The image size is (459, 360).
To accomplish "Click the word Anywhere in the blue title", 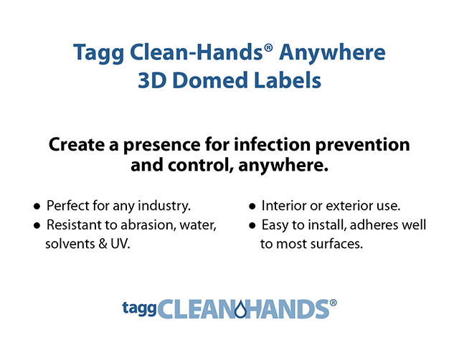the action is click(332, 52).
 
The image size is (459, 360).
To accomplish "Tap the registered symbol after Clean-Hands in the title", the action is click(268, 48).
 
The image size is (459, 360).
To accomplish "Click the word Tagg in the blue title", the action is click(99, 53).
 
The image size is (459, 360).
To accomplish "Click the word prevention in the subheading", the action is click(363, 146).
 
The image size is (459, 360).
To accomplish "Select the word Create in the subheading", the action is click(77, 144).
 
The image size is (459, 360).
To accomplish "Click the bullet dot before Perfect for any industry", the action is click(37, 207).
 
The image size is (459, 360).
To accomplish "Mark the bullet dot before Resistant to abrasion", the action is click(37, 226).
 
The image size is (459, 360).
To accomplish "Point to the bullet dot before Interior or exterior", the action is click(252, 207).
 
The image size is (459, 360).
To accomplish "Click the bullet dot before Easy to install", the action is click(252, 226).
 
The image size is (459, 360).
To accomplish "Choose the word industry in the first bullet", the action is click(164, 206).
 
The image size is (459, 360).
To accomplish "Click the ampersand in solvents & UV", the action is click(103, 244).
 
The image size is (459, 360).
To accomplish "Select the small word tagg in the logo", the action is click(139, 308).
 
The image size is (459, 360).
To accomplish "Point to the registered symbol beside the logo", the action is click(333, 303).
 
